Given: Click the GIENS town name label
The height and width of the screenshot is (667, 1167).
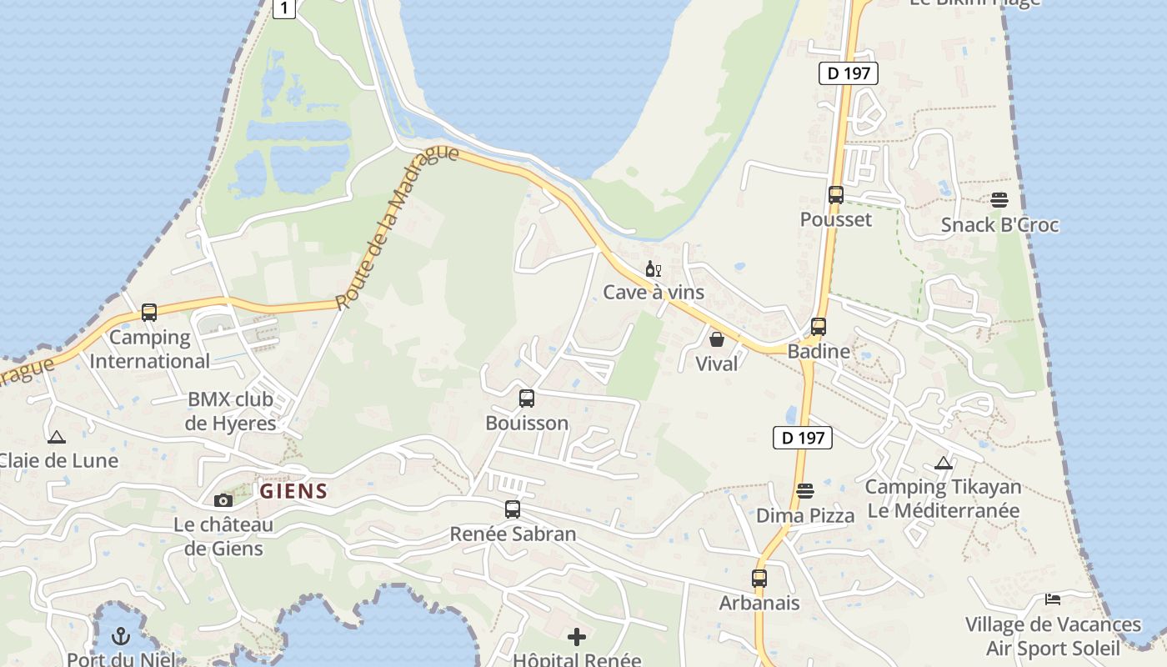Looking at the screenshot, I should pos(293,491).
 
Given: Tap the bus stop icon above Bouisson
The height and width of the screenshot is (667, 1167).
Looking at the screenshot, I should pos(527,399).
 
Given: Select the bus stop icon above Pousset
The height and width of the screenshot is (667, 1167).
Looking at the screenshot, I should pos(836,195).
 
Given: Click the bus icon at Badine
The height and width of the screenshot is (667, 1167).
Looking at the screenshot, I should pos(819,327).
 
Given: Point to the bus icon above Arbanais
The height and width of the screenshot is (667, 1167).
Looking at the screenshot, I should pos(759,578).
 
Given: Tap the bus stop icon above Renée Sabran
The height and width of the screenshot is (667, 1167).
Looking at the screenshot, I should pos(513,509).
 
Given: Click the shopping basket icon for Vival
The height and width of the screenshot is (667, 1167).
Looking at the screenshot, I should pos(716,339).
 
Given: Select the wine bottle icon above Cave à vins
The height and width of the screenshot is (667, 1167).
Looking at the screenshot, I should pos(653,268).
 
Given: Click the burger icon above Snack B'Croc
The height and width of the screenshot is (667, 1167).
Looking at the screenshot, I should pos(999,200).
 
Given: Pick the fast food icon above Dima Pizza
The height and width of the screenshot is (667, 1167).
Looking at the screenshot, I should pos(805,491).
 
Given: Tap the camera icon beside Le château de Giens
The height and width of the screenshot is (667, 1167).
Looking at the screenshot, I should pos(223,500).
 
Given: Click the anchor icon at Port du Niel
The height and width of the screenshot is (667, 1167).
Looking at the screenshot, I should pos(122,637).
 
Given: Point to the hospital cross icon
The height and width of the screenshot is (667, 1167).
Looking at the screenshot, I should pos(577,638).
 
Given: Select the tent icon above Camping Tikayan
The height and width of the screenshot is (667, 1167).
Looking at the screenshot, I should pos(944,463).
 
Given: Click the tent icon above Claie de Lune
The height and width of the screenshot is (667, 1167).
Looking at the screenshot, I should pos(57,437).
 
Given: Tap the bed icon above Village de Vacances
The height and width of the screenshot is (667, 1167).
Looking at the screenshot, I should pos(1053,599).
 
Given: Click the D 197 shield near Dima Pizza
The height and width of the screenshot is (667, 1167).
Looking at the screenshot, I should pos(803,438).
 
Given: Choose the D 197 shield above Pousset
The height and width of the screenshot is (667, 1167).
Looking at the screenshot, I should pos(849,73).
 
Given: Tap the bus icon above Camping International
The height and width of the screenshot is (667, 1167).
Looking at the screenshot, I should pos(149,313).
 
